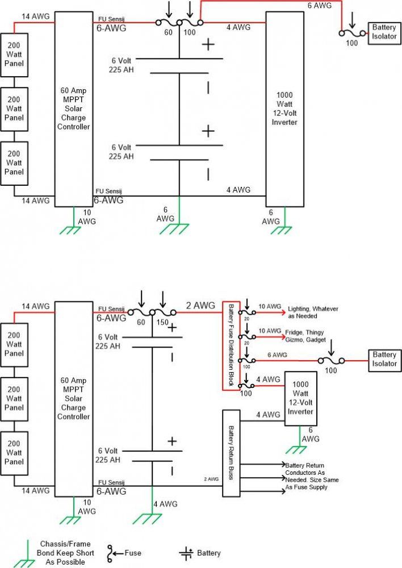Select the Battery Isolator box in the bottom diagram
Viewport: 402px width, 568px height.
[x=384, y=360]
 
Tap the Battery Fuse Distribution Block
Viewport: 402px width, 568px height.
[x=231, y=345]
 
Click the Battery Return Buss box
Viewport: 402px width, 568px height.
[x=231, y=453]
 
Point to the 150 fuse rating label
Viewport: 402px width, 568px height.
[x=162, y=322]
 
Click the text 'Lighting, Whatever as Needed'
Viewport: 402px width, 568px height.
[x=313, y=312]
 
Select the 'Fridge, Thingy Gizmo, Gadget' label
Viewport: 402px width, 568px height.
[x=305, y=336]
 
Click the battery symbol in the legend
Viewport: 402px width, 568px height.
[x=186, y=553]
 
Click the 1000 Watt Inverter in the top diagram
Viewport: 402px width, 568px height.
[x=284, y=109]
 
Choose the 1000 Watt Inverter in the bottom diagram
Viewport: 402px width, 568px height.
[x=300, y=398]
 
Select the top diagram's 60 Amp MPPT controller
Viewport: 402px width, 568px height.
[x=73, y=109]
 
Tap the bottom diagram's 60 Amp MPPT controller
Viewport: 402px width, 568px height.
[x=73, y=399]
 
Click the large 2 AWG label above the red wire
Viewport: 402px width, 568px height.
[x=200, y=306]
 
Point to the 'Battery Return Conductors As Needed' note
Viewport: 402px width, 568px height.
[x=312, y=476]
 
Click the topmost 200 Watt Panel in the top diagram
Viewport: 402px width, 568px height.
[x=14, y=55]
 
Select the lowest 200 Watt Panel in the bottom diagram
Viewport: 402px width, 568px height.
[x=14, y=453]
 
